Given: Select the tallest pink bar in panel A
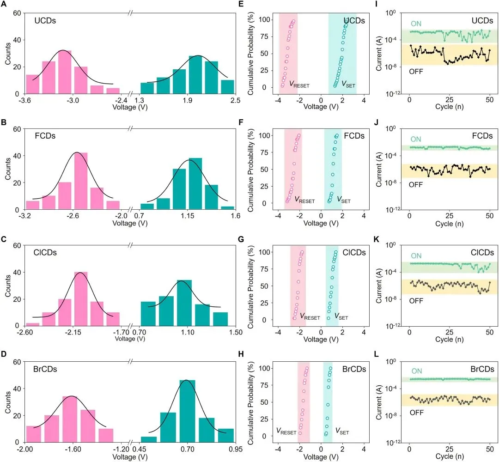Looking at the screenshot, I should pyautogui.click(x=64, y=72).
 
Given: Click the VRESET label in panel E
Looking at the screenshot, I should pyautogui.click(x=299, y=84).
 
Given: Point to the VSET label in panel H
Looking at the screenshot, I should pyautogui.click(x=342, y=432).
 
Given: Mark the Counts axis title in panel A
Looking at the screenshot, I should pyautogui.click(x=6, y=54).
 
